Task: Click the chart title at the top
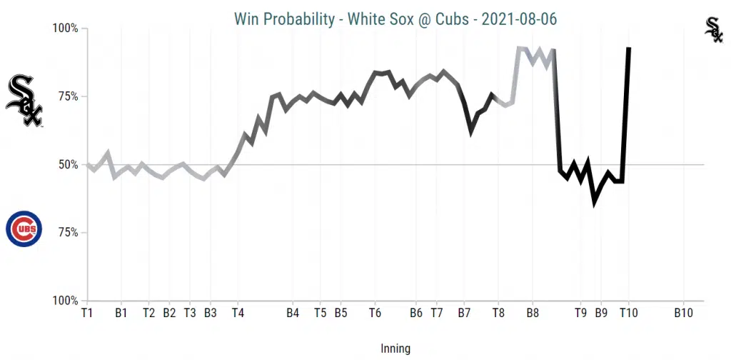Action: (395, 19)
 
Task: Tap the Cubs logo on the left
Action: (24, 229)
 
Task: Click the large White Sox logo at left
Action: (24, 101)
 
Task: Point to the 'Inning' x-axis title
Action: (395, 349)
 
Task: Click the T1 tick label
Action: (87, 313)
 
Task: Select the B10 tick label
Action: (683, 313)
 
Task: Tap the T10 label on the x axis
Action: (628, 313)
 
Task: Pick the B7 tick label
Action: (464, 313)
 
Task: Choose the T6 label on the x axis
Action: (375, 313)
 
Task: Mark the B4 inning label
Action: (293, 313)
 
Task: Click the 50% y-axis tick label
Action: (68, 165)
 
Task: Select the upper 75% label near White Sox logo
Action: (68, 96)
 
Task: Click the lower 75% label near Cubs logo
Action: (68, 233)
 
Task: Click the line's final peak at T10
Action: (628, 49)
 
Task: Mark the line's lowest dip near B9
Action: (594, 204)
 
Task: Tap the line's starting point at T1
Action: (87, 165)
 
